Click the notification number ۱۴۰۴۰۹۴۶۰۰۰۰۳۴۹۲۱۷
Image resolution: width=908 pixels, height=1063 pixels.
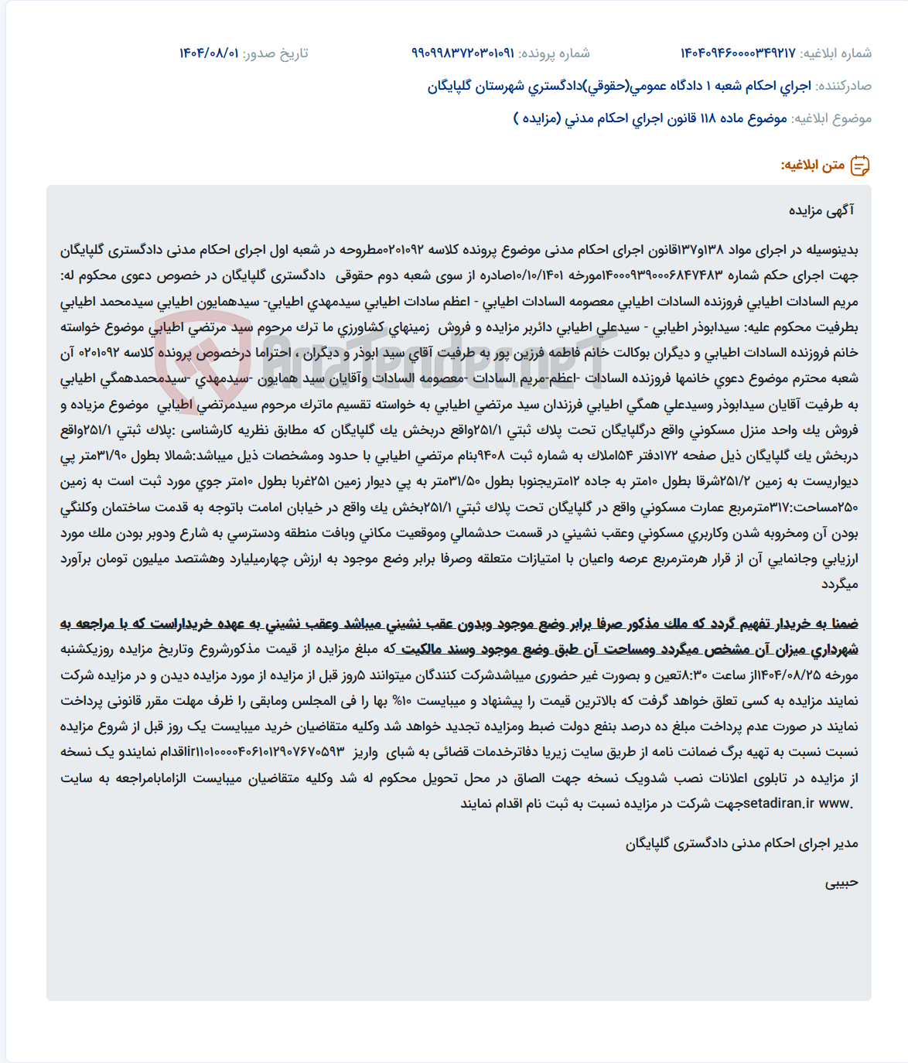pos(738,53)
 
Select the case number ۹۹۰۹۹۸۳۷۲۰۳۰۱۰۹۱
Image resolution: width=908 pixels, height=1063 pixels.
pos(463,53)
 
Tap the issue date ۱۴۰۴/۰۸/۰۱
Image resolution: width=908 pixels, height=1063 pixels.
pos(209,53)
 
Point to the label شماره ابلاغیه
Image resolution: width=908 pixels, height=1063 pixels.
pos(836,53)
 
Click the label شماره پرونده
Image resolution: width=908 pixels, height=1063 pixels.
pos(554,53)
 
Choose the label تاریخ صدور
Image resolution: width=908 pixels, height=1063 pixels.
pos(275,53)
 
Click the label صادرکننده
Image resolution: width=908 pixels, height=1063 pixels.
pos(845,86)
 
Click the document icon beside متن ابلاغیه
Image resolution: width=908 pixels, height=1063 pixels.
pos(860,166)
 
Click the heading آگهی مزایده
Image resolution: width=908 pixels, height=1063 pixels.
pos(821,210)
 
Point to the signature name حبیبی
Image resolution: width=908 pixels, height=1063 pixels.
pos(841,883)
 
